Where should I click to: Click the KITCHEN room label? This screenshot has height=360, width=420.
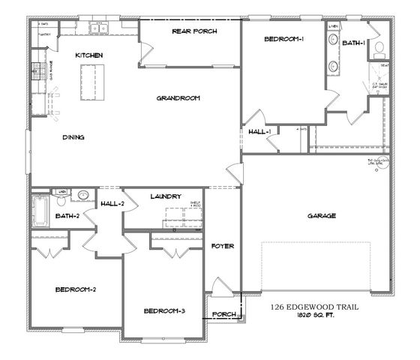click(89, 55)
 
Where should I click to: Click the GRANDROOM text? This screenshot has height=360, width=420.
click(178, 97)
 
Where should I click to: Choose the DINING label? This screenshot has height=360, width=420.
click(73, 137)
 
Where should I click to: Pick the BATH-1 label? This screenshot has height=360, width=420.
click(354, 43)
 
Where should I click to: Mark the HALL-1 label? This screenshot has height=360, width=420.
click(259, 132)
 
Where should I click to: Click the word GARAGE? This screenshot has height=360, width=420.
click(321, 216)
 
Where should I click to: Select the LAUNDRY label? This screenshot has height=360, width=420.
click(165, 196)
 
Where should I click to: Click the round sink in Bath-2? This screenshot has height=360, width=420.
click(83, 193)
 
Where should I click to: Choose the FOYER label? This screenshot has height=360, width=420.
click(222, 246)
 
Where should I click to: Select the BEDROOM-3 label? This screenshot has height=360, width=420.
click(165, 310)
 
